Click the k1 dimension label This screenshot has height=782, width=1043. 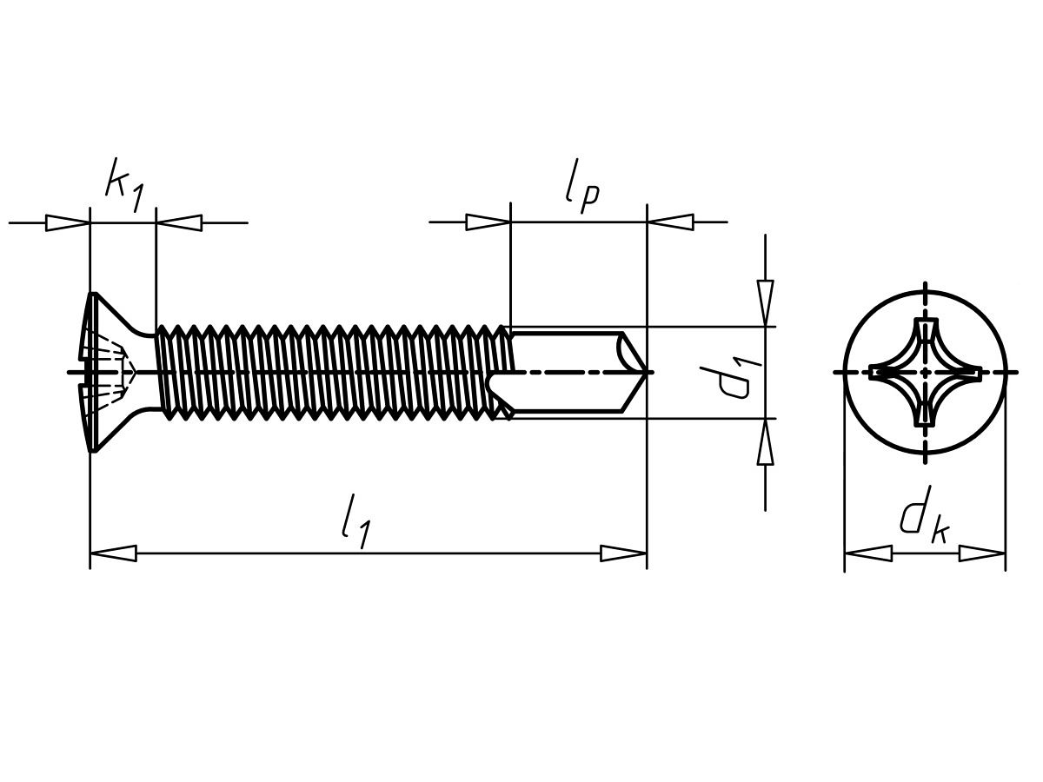click(x=124, y=184)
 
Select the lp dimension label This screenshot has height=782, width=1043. click(x=581, y=185)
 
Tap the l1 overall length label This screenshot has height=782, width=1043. click(x=355, y=520)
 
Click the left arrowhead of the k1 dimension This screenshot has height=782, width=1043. click(x=68, y=222)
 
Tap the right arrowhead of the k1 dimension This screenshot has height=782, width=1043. click(x=179, y=222)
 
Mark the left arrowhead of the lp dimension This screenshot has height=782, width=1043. click(x=488, y=222)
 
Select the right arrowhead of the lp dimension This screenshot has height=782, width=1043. click(x=670, y=222)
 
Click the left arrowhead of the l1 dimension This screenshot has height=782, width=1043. click(x=113, y=553)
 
